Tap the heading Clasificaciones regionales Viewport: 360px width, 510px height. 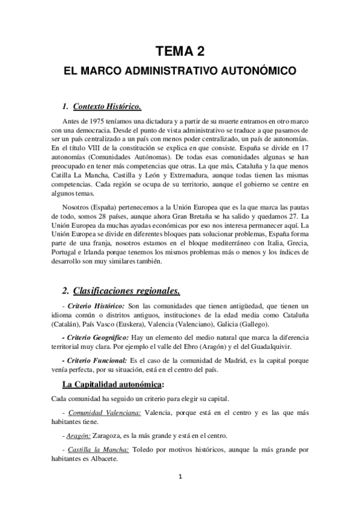126,292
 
